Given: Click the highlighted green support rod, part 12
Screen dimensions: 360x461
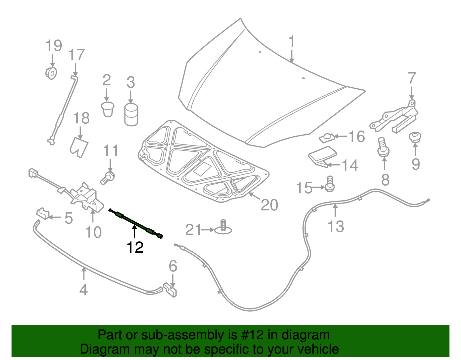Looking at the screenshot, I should pos(135,223).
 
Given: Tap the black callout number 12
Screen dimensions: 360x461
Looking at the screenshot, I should pos(135,247).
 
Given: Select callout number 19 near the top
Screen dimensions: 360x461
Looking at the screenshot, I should pos(54,46).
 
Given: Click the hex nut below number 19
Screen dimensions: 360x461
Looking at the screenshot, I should pos(51,73).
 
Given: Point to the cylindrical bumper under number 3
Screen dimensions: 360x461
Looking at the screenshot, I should pos(131,115).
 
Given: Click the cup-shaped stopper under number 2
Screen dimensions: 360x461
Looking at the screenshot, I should pos(108,109).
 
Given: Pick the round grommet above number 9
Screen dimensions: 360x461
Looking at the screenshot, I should pos(415,137).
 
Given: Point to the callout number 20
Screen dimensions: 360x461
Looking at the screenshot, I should pos(269,205).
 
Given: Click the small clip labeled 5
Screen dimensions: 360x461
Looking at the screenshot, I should pos(43,213).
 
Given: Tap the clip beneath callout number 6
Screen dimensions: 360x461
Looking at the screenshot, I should pos(170,290).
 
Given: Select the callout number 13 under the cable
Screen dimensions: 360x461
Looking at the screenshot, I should pos(336,226).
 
